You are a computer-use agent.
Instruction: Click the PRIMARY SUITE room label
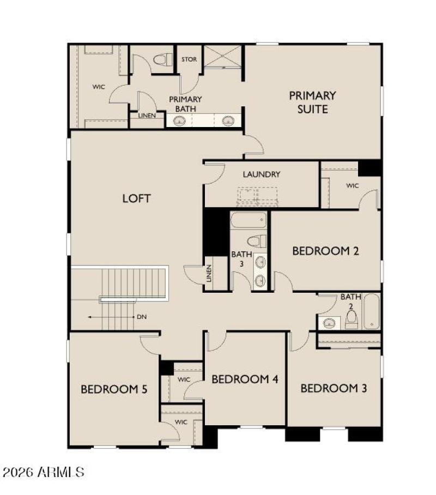(312, 102)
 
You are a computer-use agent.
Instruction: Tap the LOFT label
(136, 198)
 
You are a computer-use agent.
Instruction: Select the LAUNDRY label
(262, 174)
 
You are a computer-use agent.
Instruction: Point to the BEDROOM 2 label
(325, 251)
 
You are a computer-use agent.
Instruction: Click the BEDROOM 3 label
(334, 389)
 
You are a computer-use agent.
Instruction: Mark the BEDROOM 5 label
(114, 389)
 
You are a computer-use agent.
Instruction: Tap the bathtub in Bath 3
(249, 220)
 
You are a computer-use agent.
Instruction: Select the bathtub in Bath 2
(372, 311)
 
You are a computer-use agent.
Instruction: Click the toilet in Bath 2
(352, 318)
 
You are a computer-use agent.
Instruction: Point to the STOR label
(189, 60)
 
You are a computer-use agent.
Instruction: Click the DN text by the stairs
(142, 317)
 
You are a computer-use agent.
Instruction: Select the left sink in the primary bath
(179, 121)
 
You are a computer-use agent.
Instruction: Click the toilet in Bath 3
(256, 240)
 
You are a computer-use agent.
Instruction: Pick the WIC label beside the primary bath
(98, 86)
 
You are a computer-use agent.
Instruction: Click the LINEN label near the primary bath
(147, 116)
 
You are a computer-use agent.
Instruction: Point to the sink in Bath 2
(329, 323)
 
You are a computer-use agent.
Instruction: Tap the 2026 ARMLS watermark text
(44, 472)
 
